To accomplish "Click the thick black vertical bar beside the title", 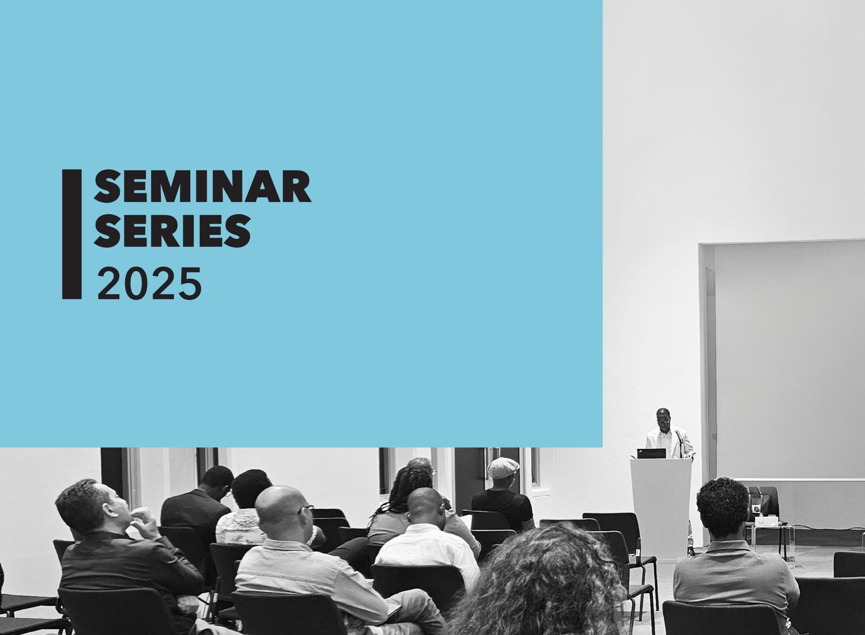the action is coord(72,234).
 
